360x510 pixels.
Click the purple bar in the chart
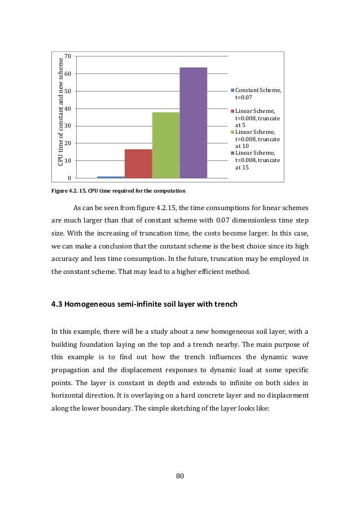coord(193,123)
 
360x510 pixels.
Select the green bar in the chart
coord(166,145)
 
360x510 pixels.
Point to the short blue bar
coord(111,177)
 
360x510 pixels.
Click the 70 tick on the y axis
coord(68,56)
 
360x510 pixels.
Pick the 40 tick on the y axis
coord(68,108)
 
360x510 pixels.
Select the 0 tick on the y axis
coord(69,178)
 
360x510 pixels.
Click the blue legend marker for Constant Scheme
coord(232,90)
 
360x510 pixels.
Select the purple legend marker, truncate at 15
coord(232,153)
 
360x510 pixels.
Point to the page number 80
coord(180,476)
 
